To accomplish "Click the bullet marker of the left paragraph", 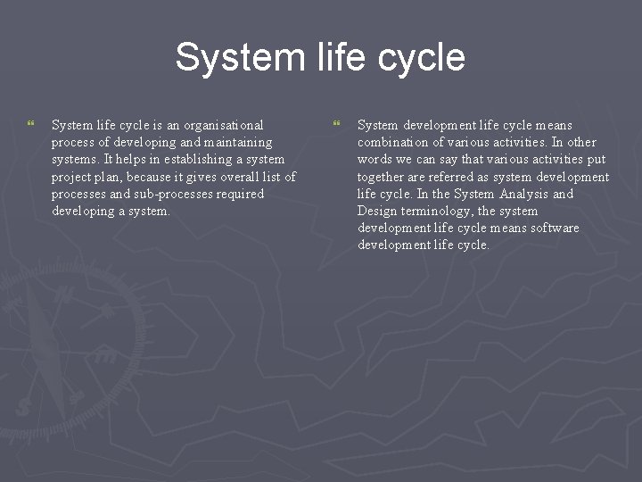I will click(31, 123).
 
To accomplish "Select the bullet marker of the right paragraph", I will click(336, 123).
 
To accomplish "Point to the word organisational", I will click(221, 125).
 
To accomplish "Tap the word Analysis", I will click(524, 194).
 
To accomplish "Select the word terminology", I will click(436, 211).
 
